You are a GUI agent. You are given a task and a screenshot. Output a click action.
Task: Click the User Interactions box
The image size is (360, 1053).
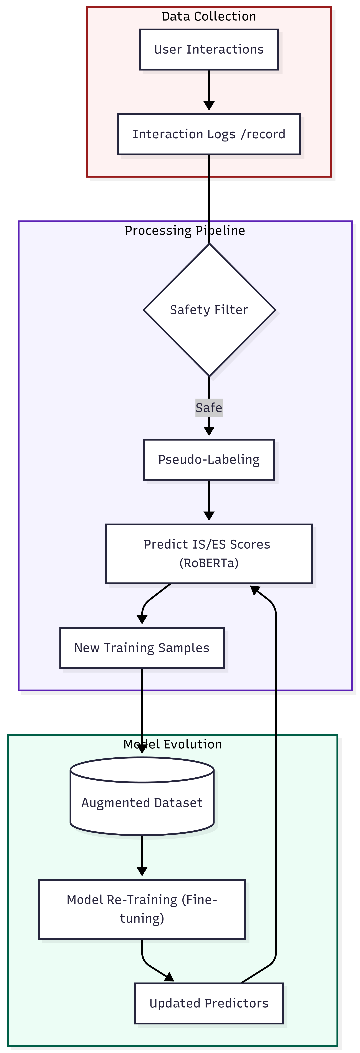(x=209, y=49)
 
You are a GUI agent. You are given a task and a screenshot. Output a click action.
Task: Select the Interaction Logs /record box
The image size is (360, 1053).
(x=209, y=134)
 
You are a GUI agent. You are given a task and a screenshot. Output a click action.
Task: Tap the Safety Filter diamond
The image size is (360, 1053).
(x=209, y=310)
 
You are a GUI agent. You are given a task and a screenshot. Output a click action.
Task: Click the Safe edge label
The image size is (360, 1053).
(x=209, y=408)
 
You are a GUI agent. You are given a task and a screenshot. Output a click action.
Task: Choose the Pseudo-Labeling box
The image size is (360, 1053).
(x=209, y=459)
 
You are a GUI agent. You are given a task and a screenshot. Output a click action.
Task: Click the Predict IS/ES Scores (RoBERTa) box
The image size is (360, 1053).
(x=209, y=554)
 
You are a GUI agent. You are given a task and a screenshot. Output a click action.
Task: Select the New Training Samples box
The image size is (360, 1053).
(x=142, y=648)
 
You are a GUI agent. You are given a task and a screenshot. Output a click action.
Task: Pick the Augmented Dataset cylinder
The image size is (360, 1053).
(x=142, y=802)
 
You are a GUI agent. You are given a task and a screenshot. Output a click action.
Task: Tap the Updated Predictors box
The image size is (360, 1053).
(x=209, y=1003)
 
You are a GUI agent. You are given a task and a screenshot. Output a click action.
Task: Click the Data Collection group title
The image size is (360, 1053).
(x=209, y=16)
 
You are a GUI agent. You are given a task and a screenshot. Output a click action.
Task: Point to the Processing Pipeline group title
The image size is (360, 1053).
(x=185, y=231)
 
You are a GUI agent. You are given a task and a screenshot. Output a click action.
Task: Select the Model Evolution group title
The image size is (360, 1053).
(x=172, y=744)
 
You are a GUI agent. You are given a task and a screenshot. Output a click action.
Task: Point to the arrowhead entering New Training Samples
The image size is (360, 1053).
(x=142, y=619)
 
